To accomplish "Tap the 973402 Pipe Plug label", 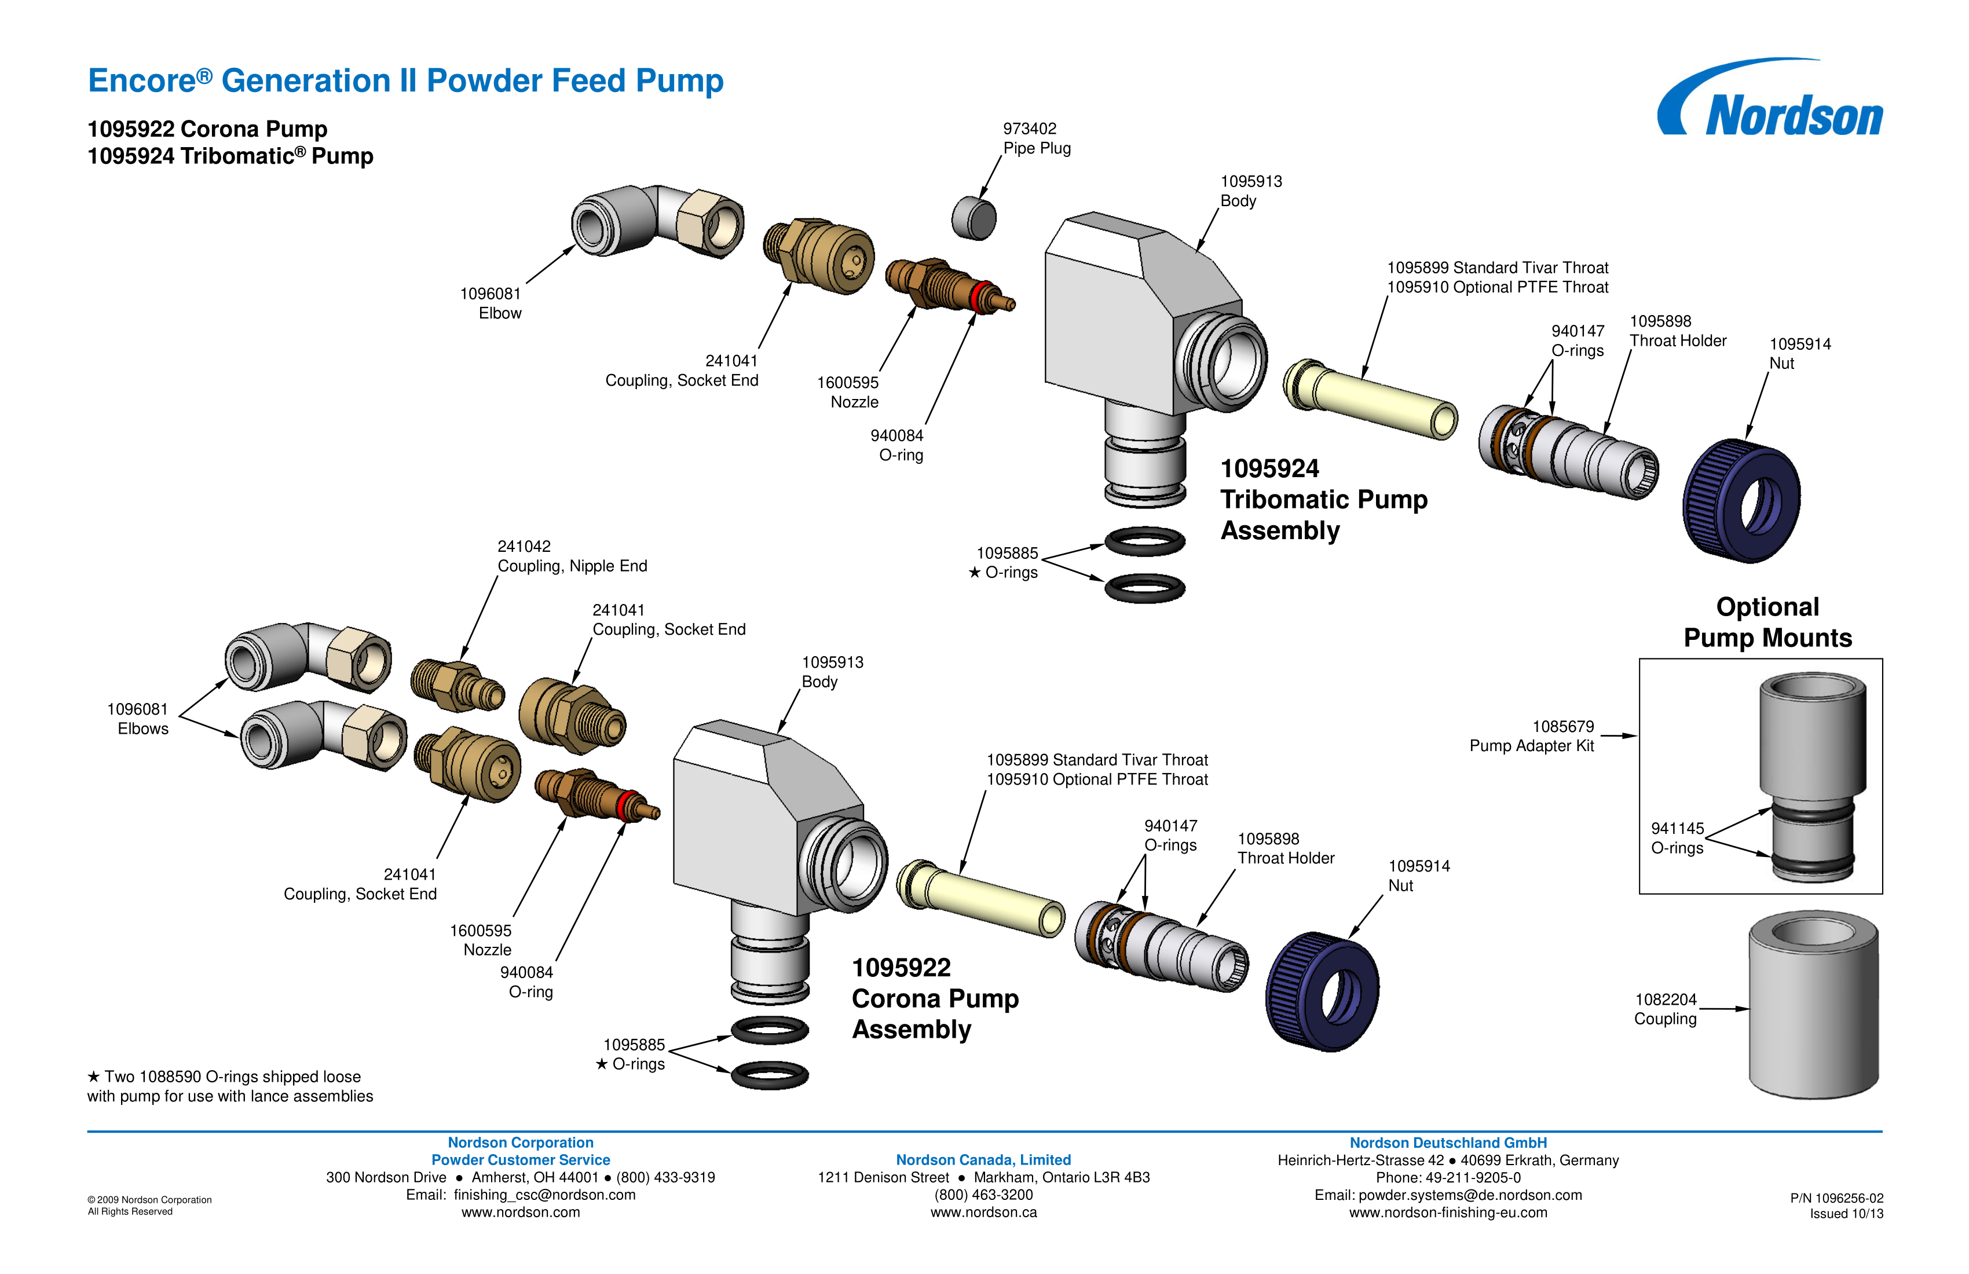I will (x=1036, y=138).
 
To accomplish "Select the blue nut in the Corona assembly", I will (x=1322, y=991).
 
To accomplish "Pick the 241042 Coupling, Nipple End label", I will (x=572, y=556).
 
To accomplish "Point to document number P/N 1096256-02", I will (x=1836, y=1198).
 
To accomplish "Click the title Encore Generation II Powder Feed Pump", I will (x=405, y=81).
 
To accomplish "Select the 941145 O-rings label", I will (x=1677, y=838).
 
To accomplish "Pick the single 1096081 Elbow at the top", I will (x=656, y=222).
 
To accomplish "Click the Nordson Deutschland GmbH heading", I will (x=1448, y=1143).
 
